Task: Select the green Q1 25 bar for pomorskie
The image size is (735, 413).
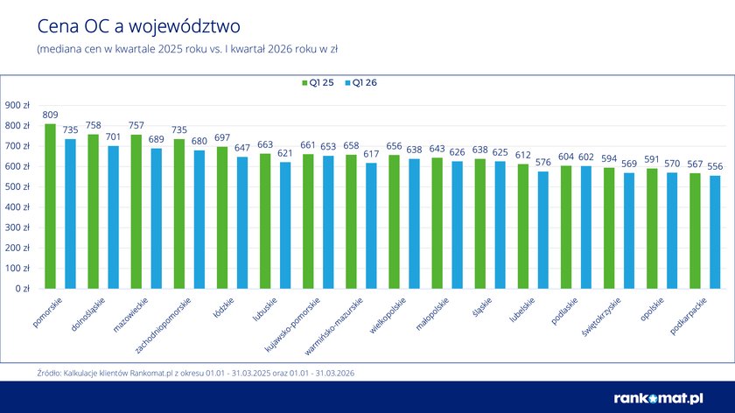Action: (x=50, y=206)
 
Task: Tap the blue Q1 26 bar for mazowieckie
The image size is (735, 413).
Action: (x=157, y=218)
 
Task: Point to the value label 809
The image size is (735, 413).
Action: (x=50, y=115)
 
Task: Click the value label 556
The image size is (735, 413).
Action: (x=716, y=166)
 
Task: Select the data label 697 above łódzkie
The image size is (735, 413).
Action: (x=222, y=137)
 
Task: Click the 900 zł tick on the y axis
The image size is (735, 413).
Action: (x=18, y=105)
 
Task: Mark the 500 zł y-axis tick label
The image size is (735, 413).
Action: (x=18, y=186)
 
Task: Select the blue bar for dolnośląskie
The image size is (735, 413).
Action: (x=114, y=217)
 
